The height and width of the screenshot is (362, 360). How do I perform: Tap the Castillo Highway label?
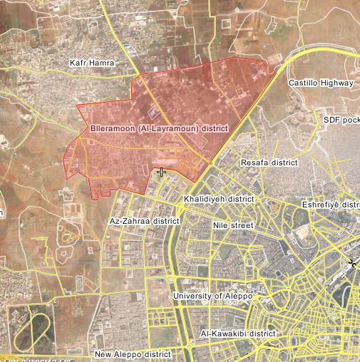320,83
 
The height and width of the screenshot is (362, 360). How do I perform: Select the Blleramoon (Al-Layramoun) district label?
158,129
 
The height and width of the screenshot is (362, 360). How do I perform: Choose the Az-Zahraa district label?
144,221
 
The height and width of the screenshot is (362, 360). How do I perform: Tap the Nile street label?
233,225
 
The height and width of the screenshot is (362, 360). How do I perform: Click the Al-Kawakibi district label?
237,333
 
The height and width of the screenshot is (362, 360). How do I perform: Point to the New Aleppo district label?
133,353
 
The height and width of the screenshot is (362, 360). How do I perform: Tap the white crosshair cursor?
162,172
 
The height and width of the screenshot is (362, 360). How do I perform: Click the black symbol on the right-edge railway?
352,264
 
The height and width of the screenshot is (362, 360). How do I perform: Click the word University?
192,295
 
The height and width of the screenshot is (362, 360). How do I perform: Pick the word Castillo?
302,83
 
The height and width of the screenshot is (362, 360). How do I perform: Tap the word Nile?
221,225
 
